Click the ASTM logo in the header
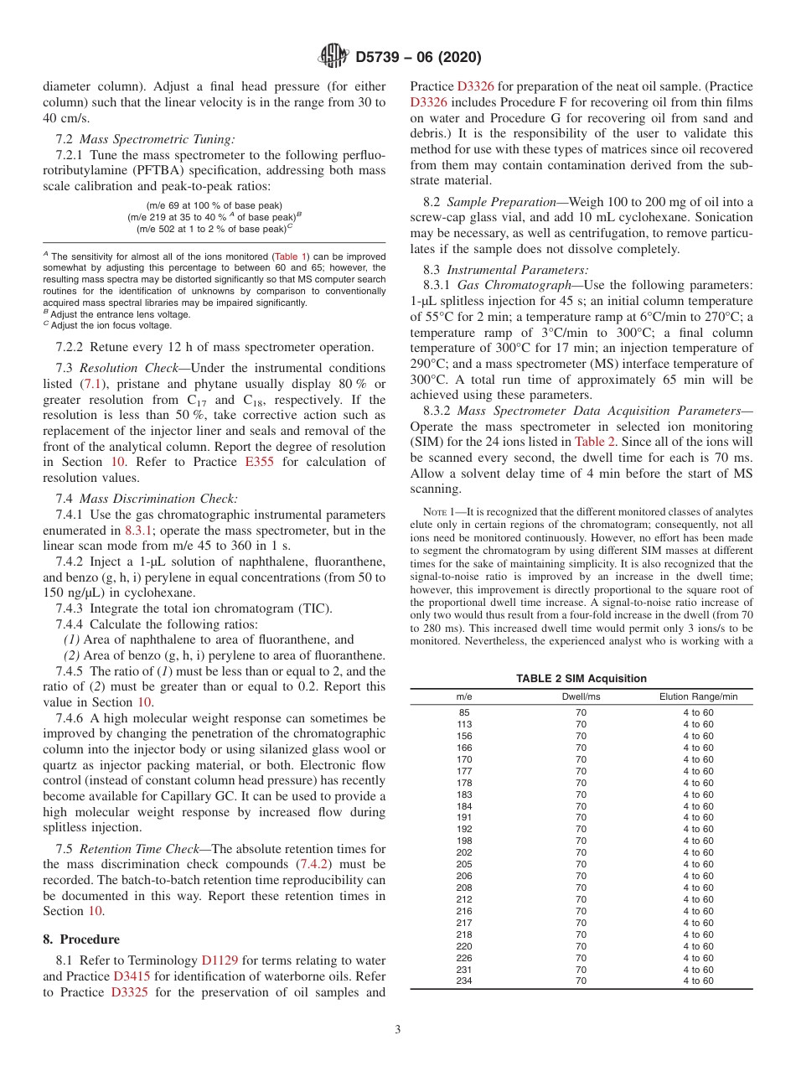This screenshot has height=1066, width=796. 333,57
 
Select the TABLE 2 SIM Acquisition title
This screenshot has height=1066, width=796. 581,678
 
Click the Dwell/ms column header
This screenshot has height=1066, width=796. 581,696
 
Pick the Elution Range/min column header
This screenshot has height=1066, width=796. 698,696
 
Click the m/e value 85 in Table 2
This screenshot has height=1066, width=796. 464,712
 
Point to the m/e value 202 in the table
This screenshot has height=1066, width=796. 464,852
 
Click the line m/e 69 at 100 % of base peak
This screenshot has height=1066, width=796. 214,205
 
